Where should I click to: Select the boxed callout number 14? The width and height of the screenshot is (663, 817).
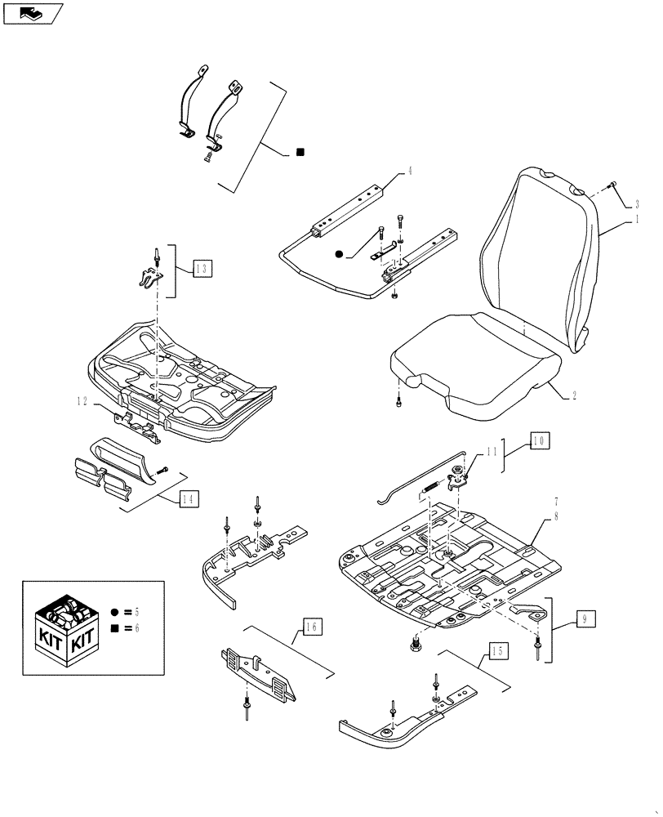(x=188, y=498)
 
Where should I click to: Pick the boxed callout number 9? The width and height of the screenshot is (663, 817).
(x=585, y=619)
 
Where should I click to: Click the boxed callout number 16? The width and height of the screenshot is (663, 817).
(x=311, y=627)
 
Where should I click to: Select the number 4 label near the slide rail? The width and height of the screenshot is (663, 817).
(x=410, y=172)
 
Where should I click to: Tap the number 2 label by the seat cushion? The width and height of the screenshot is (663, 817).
(x=575, y=395)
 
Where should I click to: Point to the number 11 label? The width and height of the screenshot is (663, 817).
(x=491, y=450)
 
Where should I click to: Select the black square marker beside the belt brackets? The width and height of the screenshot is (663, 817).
(x=300, y=152)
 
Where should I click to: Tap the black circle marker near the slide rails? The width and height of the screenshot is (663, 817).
(x=338, y=255)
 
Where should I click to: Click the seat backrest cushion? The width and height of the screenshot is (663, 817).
(x=539, y=253)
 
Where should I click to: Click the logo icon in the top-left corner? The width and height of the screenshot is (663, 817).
(x=32, y=12)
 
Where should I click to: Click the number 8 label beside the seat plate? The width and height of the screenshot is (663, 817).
(x=555, y=516)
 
